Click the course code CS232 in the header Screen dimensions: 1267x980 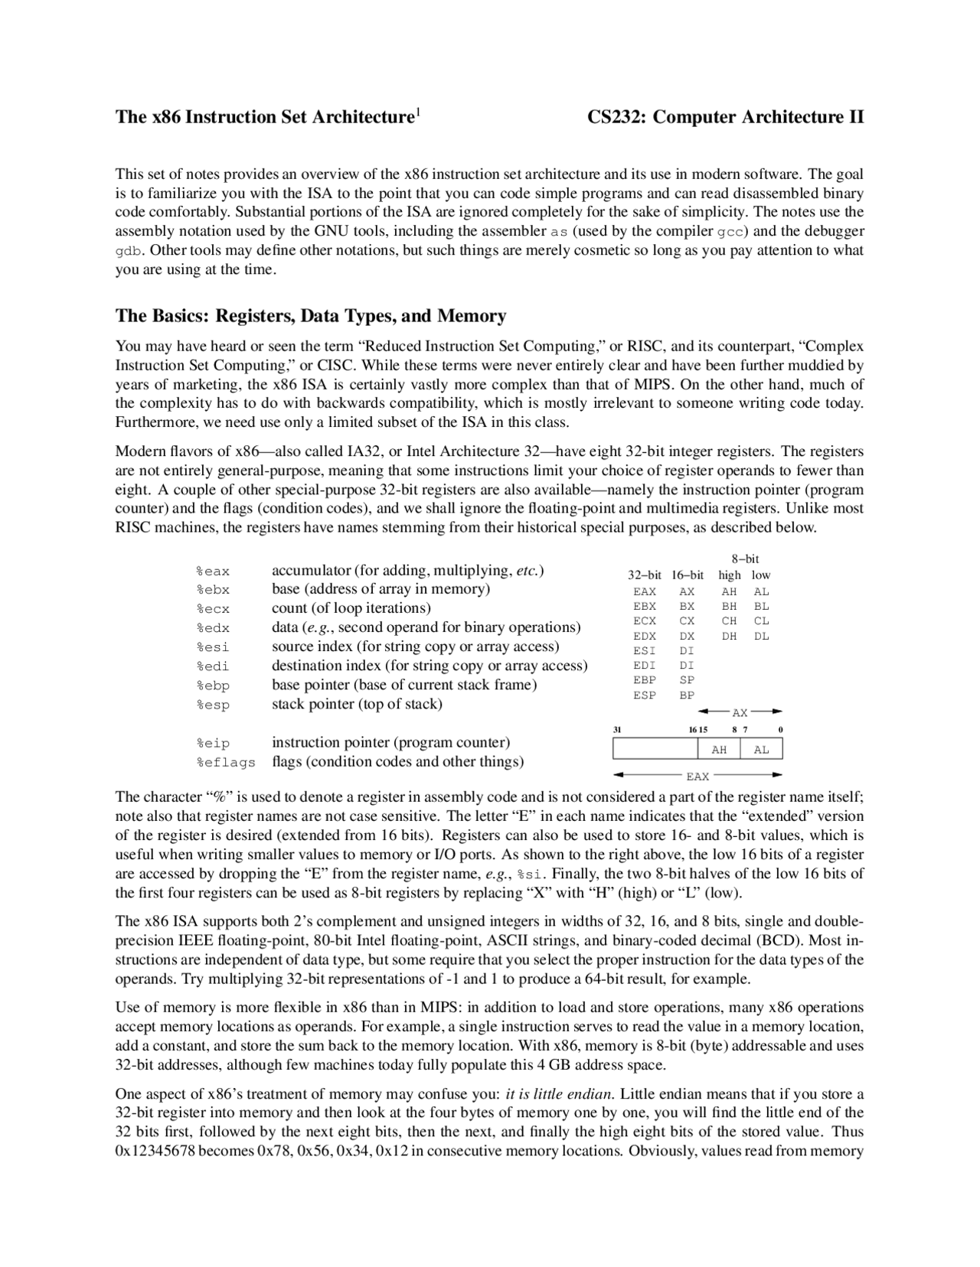click(x=616, y=117)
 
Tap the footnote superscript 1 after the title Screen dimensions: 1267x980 click(x=417, y=112)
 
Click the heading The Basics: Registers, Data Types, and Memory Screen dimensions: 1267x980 click(x=311, y=316)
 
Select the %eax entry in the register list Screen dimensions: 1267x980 click(x=212, y=572)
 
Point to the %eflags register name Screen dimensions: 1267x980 click(x=225, y=763)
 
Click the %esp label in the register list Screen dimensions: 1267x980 click(x=212, y=705)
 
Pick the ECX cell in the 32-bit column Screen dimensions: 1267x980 click(x=645, y=621)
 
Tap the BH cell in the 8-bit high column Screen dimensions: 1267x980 click(x=729, y=606)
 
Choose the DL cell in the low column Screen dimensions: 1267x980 click(x=761, y=636)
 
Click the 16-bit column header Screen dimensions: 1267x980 click(x=687, y=575)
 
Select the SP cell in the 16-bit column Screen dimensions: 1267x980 click(x=687, y=680)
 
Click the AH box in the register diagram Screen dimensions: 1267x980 click(x=719, y=750)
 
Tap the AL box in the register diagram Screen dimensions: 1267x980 click(x=761, y=750)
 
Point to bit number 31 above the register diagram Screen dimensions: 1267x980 click(x=617, y=730)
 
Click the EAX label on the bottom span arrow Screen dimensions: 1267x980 click(x=697, y=777)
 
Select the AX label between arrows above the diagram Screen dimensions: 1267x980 click(x=740, y=712)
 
